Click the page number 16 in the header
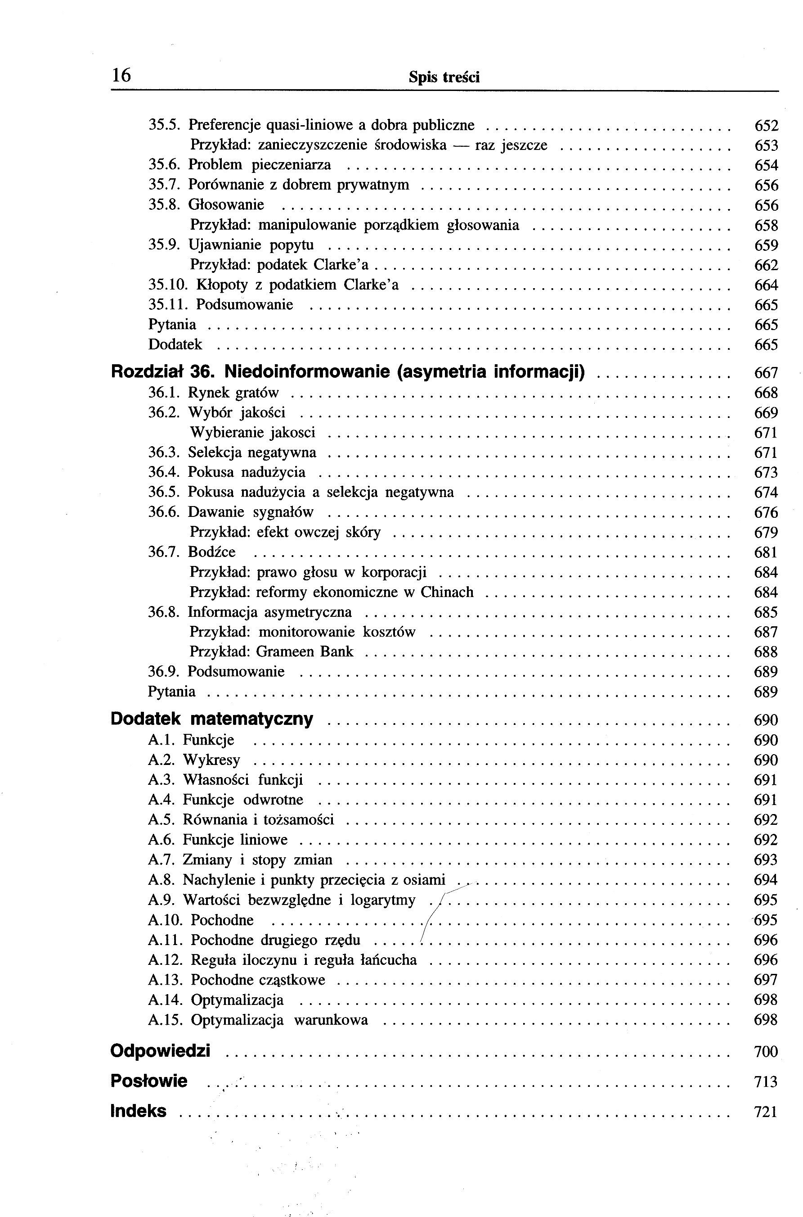pos(121,75)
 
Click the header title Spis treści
pos(444,78)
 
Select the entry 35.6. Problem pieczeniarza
pos(240,165)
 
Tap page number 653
pos(766,146)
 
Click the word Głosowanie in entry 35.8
pos(226,205)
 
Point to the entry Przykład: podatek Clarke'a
pos(279,265)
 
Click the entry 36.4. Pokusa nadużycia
pos(226,472)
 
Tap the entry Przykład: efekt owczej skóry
pos(285,532)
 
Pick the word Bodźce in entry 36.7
pos(211,552)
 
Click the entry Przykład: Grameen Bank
pos(271,652)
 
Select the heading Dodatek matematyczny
pos(211,719)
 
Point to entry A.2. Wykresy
pos(193,760)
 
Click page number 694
pos(766,880)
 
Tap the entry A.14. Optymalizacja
pos(215,1000)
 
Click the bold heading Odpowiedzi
pos(160,1051)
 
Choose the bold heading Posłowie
pos(149,1081)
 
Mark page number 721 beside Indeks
pos(766,1112)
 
